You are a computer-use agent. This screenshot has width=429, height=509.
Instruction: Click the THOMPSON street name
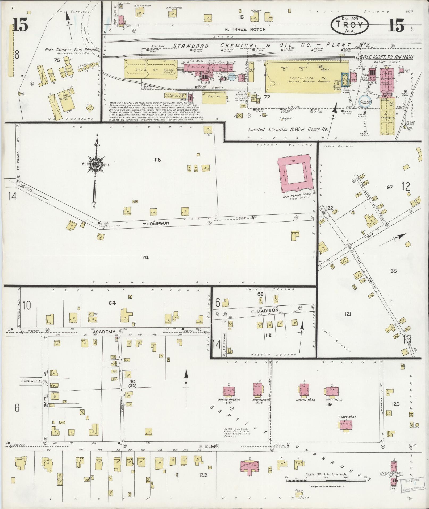tap(156, 224)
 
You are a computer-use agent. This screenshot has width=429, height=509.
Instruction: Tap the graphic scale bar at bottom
tap(326, 481)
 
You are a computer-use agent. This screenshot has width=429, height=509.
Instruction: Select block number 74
tap(145, 257)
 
